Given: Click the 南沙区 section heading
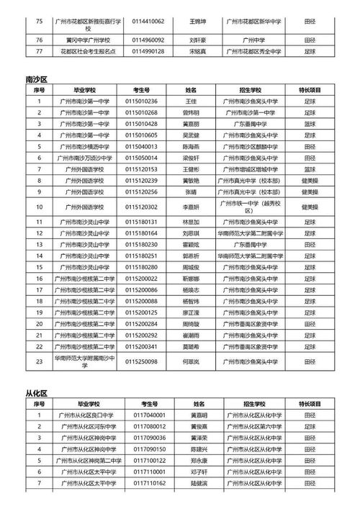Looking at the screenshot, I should click(x=36, y=77).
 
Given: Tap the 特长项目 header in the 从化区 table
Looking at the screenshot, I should click(x=315, y=405).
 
